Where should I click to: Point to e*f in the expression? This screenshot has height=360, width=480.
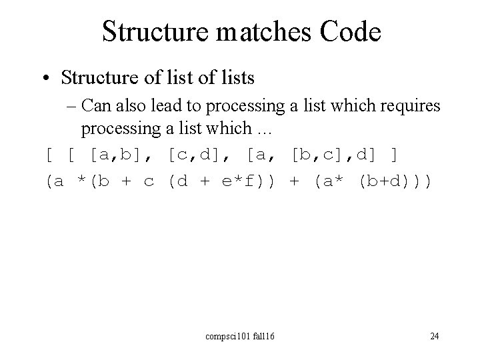(x=237, y=181)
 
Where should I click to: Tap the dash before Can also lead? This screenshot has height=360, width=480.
(x=87, y=106)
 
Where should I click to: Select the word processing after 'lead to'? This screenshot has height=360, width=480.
(x=257, y=106)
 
